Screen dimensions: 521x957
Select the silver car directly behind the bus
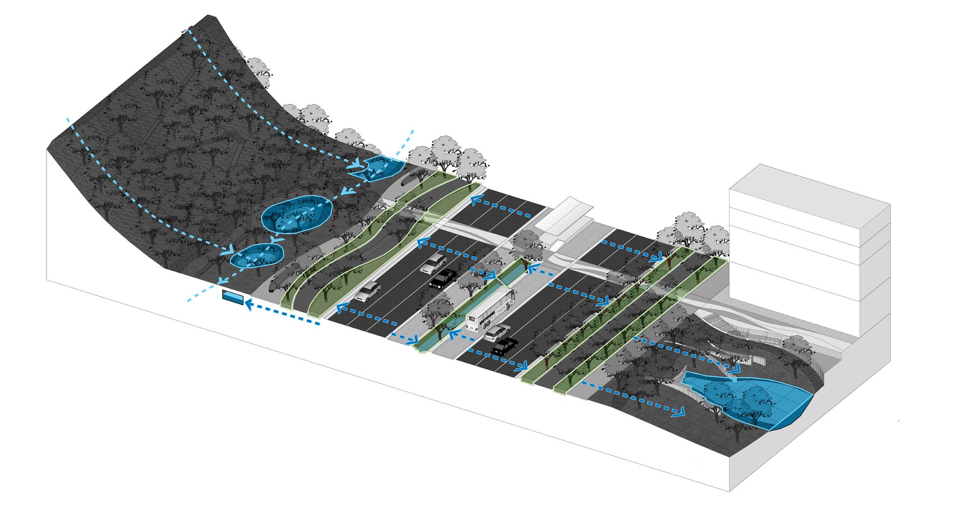(x=497, y=332)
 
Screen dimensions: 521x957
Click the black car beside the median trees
(x=443, y=278)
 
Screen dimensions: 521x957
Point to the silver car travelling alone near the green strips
(x=367, y=291)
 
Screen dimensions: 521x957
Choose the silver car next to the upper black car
(x=434, y=264)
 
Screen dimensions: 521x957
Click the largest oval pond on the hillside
(x=296, y=214)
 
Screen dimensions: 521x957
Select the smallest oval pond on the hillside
(x=257, y=255)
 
